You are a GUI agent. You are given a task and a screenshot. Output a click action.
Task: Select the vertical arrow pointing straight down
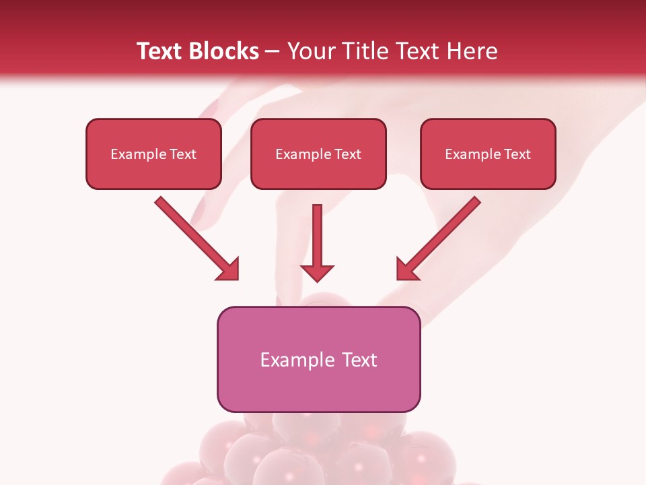coord(317,239)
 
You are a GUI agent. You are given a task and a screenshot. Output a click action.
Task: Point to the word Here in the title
coord(472,51)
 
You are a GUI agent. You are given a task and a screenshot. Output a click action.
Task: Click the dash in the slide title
coord(273,52)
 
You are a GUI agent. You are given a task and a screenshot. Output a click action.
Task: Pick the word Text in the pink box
coord(360,360)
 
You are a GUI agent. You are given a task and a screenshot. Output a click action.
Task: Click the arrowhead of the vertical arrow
coord(317,272)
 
